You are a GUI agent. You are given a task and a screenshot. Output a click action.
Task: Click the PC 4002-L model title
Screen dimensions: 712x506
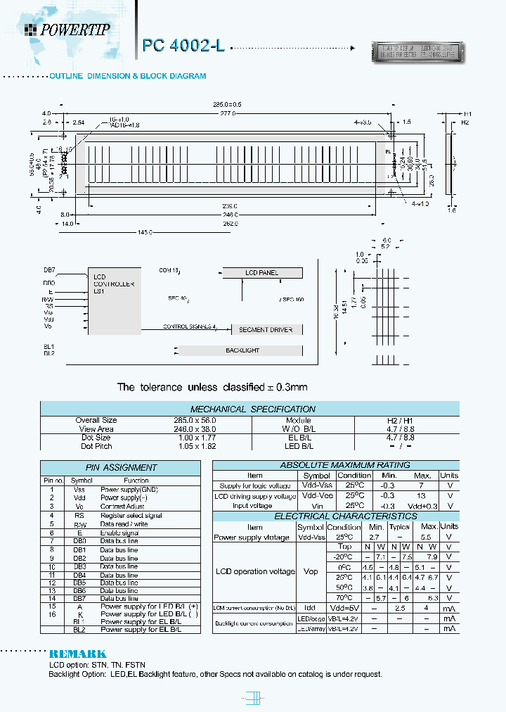point(183,46)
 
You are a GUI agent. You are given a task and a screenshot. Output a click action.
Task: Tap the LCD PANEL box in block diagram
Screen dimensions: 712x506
point(261,273)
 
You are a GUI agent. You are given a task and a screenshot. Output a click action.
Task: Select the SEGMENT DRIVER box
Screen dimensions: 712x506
point(266,329)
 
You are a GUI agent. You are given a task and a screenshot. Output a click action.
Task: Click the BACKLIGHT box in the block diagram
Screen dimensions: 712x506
point(242,350)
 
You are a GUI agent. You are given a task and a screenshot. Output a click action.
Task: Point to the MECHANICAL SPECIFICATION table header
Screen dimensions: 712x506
point(253,409)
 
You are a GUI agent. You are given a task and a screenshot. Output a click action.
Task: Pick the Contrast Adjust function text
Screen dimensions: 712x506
point(122,506)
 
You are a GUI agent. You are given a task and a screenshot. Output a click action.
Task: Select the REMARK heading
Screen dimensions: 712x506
point(77,654)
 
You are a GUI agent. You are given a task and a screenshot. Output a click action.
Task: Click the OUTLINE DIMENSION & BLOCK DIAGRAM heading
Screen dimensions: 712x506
point(127,75)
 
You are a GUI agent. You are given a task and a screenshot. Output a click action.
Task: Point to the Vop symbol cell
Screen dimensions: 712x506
point(311,572)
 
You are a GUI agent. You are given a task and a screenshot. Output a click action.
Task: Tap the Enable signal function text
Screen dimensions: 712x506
point(119,533)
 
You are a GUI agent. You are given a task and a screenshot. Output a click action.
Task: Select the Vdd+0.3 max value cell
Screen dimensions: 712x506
point(422,505)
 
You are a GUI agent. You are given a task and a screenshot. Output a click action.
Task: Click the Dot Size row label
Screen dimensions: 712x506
point(96,438)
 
